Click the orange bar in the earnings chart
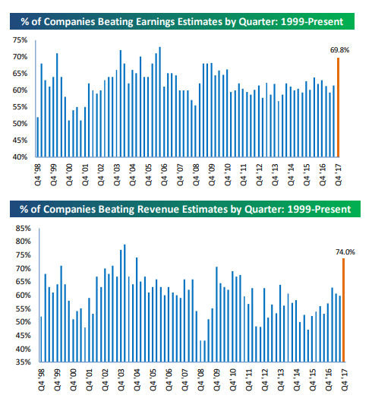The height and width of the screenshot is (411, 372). (338, 107)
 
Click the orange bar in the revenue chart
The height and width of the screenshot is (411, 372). (343, 310)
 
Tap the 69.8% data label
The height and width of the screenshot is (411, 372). (339, 50)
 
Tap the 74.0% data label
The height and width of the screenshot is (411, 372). (345, 252)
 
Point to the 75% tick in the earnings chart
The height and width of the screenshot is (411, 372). (20, 40)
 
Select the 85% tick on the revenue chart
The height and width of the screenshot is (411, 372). (23, 229)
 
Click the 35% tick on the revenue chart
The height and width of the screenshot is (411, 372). (23, 362)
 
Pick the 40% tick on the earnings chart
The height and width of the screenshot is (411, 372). (20, 156)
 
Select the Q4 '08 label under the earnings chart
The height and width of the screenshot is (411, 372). (196, 175)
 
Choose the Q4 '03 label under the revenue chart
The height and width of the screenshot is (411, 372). (121, 380)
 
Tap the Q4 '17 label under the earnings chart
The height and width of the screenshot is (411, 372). (338, 175)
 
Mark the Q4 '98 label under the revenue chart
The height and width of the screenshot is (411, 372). (42, 380)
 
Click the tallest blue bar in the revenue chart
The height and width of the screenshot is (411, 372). (125, 303)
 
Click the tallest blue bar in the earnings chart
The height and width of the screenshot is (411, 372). (159, 102)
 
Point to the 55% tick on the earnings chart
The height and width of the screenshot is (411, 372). (20, 107)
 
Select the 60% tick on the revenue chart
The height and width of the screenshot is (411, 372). (23, 295)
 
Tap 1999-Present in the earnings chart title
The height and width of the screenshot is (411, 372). (312, 21)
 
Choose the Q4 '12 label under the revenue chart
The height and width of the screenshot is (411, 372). (265, 380)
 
